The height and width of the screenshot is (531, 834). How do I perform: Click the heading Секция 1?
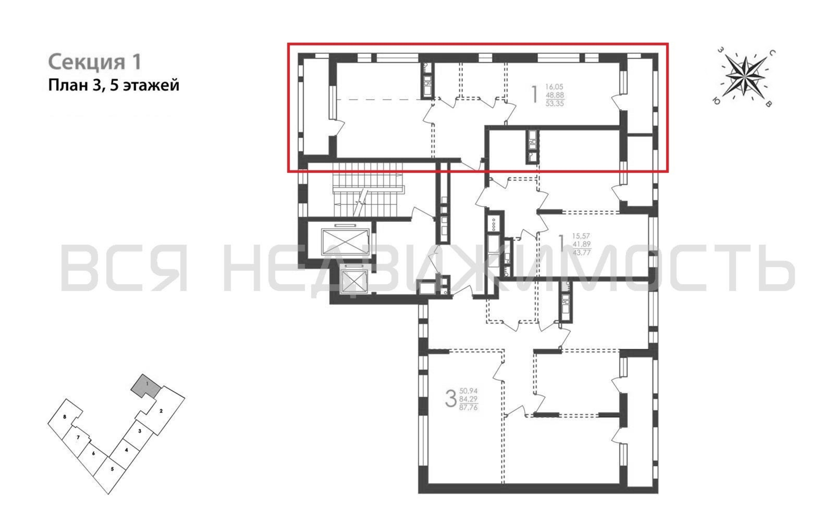95,62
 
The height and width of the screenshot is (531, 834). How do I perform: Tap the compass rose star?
745,76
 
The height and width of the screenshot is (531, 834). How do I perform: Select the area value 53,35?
555,103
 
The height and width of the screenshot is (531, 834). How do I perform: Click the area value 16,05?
555,87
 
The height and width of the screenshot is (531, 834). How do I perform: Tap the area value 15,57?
581,236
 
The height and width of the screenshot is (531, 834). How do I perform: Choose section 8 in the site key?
65,417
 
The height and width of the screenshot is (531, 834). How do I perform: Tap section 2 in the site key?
161,411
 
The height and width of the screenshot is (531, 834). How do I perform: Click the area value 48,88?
555,95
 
